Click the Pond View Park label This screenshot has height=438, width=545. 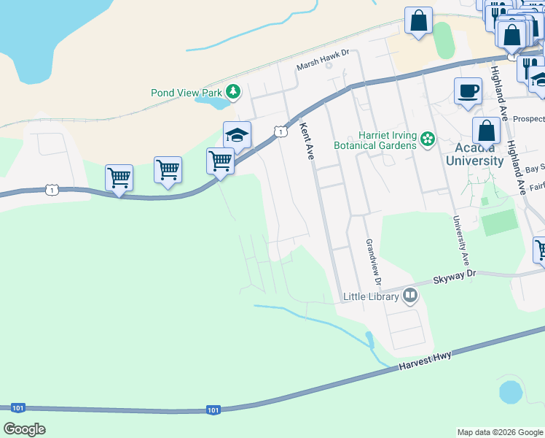coord(186,93)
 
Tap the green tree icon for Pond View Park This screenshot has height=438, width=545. coord(233,92)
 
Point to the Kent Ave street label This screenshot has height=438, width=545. coord(307,141)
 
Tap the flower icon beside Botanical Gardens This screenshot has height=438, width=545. coord(428,139)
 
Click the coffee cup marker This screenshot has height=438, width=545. coord(468,91)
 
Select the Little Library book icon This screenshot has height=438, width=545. coord(410,296)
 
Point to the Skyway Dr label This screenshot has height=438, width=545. coord(454,275)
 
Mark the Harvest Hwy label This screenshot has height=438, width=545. coord(426,361)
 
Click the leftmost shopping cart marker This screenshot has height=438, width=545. coord(119,177)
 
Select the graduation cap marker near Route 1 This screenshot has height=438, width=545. coord(237,134)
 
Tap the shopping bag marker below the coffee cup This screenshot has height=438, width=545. coord(486,131)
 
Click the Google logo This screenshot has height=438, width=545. coord(24,429)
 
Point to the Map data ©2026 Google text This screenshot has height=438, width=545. coord(499,432)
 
